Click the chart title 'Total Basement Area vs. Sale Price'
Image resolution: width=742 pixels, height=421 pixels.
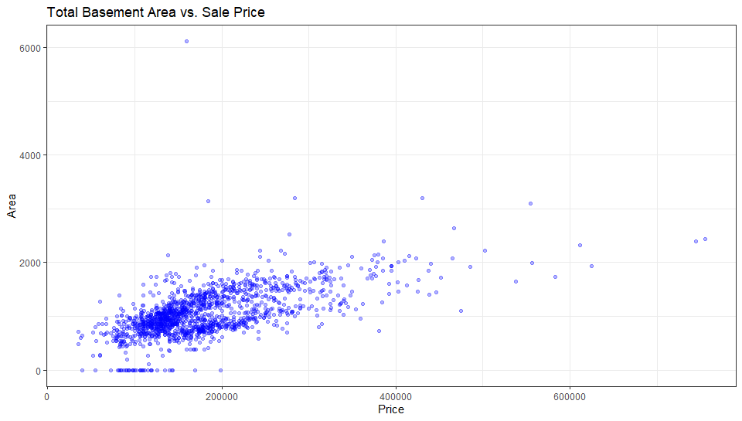coord(155,12)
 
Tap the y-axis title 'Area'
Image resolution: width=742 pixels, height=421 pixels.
coord(12,205)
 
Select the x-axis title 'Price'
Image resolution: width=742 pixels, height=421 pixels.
coord(390,409)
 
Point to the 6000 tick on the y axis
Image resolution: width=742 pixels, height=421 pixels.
coord(30,48)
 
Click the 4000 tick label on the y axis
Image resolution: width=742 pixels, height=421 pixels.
coord(30,155)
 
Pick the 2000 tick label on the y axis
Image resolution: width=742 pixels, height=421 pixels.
coord(30,263)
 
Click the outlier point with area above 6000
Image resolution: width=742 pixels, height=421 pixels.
coord(186,41)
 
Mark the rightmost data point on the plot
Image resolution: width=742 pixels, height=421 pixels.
coord(705,239)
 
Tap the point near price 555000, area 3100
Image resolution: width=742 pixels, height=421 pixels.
coord(530,203)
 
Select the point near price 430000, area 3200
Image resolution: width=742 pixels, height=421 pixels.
coord(422,198)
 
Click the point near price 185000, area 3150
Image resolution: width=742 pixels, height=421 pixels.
coord(208,201)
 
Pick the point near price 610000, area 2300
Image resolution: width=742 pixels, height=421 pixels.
coord(580,245)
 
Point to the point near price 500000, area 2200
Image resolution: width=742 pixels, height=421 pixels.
coord(485,250)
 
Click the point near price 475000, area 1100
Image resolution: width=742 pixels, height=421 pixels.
coord(461,311)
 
